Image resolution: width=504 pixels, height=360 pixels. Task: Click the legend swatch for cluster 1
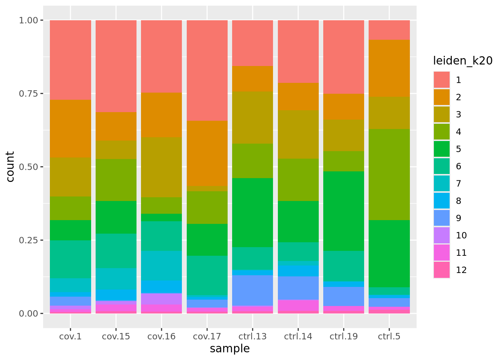[x=442, y=80]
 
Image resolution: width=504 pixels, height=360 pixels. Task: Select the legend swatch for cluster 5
[x=442, y=149]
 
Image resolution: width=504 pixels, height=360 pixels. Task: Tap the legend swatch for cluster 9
[x=442, y=218]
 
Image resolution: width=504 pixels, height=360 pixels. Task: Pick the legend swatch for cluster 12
[x=442, y=270]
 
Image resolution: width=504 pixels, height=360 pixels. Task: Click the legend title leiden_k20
[x=462, y=61]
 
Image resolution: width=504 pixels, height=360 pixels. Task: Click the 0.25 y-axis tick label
[x=28, y=240]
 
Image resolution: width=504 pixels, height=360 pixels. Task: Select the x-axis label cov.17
[x=207, y=336]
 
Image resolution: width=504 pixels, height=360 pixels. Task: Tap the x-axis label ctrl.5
[x=389, y=336]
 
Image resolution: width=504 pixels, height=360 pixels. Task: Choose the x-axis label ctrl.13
[x=252, y=336]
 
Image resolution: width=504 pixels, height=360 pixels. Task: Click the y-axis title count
[x=10, y=166]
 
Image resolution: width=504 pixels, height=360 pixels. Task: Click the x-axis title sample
[x=229, y=349]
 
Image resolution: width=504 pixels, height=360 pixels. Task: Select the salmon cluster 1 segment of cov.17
[x=207, y=70]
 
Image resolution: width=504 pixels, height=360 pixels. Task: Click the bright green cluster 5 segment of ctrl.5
[x=389, y=253]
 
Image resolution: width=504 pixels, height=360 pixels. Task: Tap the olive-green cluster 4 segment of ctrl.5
[x=389, y=174]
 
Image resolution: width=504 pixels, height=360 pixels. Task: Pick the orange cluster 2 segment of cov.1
[x=70, y=128]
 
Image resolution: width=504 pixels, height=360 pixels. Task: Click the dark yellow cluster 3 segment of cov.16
[x=161, y=167]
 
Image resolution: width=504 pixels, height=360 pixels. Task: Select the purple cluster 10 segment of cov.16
[x=161, y=298]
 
